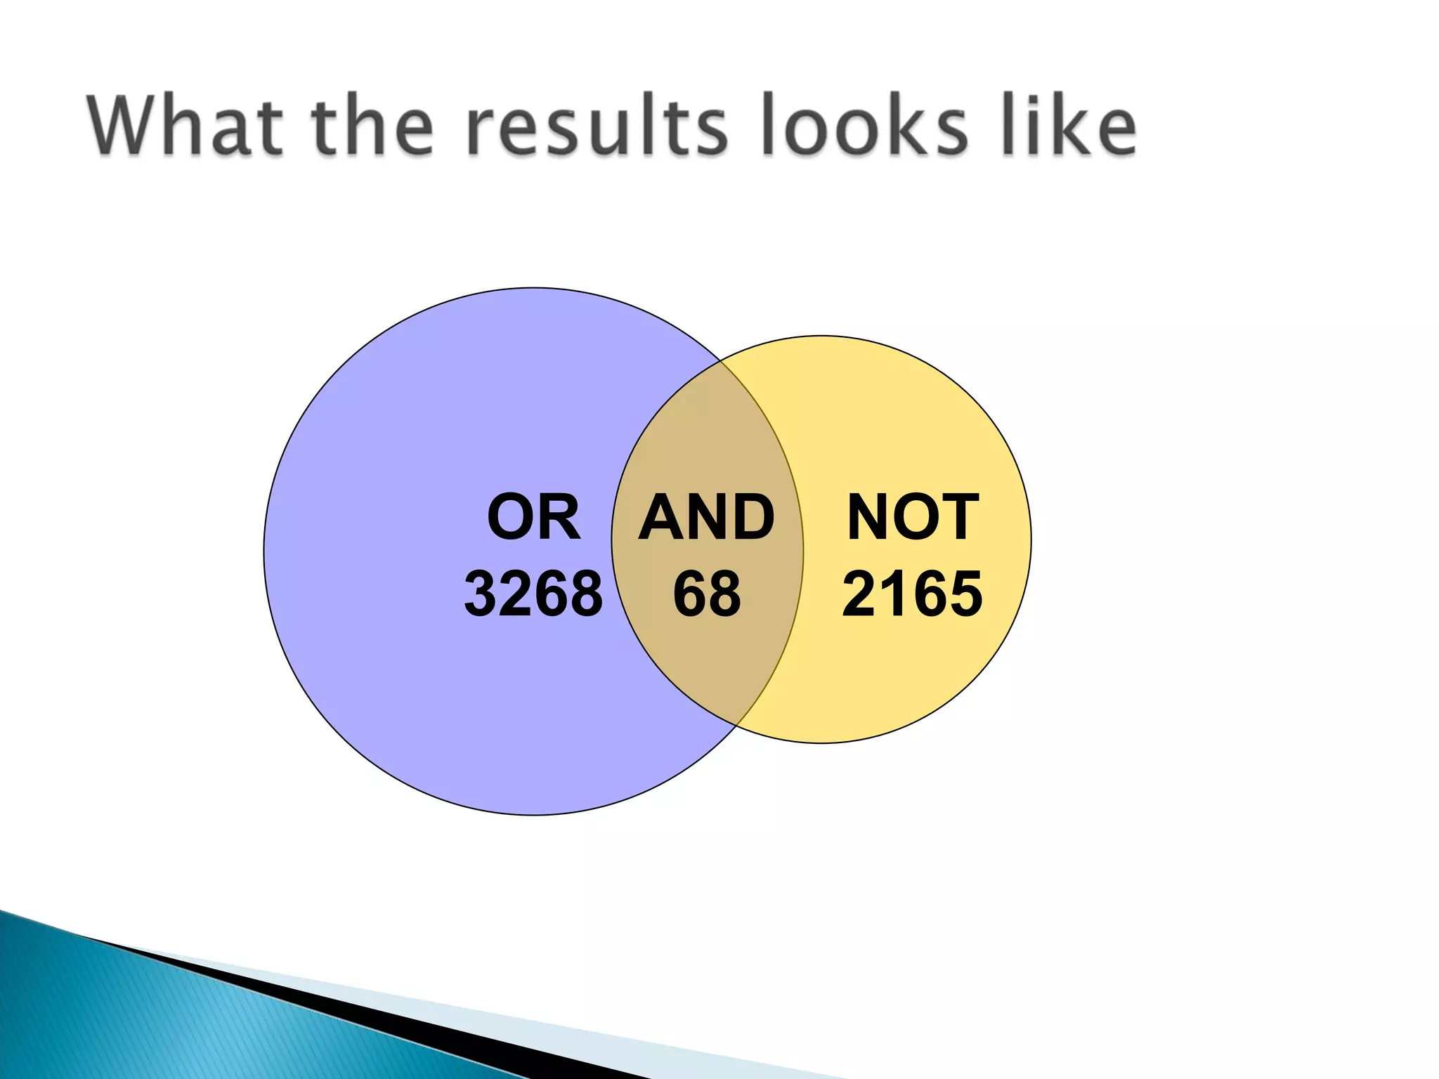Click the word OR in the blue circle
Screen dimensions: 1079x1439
coord(534,518)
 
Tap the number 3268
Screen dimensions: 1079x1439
coord(533,594)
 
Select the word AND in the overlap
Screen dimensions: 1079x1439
coord(706,518)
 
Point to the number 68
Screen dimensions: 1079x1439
coord(707,594)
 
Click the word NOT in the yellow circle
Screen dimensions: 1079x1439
coord(913,518)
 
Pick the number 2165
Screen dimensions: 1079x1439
coord(912,594)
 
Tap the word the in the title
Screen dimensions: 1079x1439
coord(372,126)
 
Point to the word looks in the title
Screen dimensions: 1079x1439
coord(864,126)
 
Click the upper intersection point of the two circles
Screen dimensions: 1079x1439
coord(722,362)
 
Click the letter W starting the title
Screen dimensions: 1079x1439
coord(131,126)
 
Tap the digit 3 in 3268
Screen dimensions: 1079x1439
coord(481,594)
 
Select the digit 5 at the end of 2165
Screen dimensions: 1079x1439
coord(965,594)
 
